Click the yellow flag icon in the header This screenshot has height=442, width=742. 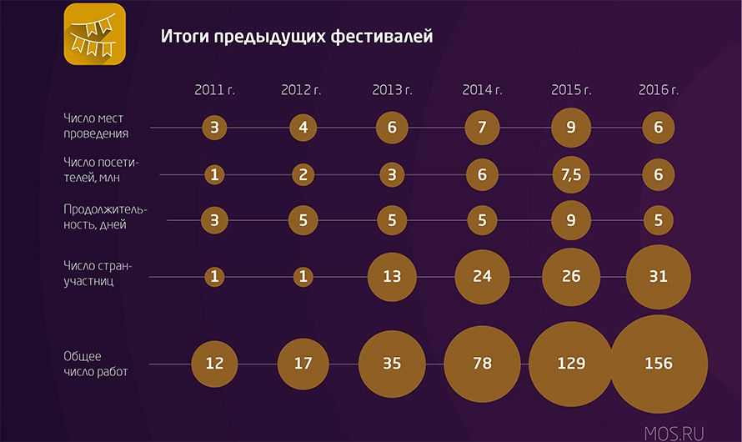[x=95, y=34]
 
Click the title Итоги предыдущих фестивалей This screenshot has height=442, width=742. [x=297, y=37]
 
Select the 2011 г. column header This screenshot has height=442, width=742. [x=214, y=90]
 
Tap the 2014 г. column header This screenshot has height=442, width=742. [x=482, y=90]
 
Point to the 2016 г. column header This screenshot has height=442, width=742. [x=659, y=90]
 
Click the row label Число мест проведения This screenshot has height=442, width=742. [x=96, y=126]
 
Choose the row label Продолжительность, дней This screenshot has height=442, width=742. [x=106, y=217]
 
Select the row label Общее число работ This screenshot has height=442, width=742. [x=96, y=364]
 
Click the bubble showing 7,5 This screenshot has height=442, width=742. [x=571, y=174]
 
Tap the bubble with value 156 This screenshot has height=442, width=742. [x=659, y=364]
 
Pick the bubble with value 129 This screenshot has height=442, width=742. [x=571, y=364]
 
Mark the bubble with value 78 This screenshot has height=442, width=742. [x=482, y=364]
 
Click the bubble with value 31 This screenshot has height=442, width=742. [x=659, y=276]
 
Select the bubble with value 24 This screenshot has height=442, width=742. [x=482, y=276]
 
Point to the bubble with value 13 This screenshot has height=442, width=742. [x=392, y=276]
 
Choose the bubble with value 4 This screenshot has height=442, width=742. [x=303, y=128]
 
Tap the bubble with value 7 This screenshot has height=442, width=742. [x=482, y=128]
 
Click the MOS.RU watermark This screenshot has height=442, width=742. [x=674, y=433]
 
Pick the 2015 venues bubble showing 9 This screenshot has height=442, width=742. [x=571, y=128]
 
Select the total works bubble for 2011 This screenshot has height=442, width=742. [x=214, y=364]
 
